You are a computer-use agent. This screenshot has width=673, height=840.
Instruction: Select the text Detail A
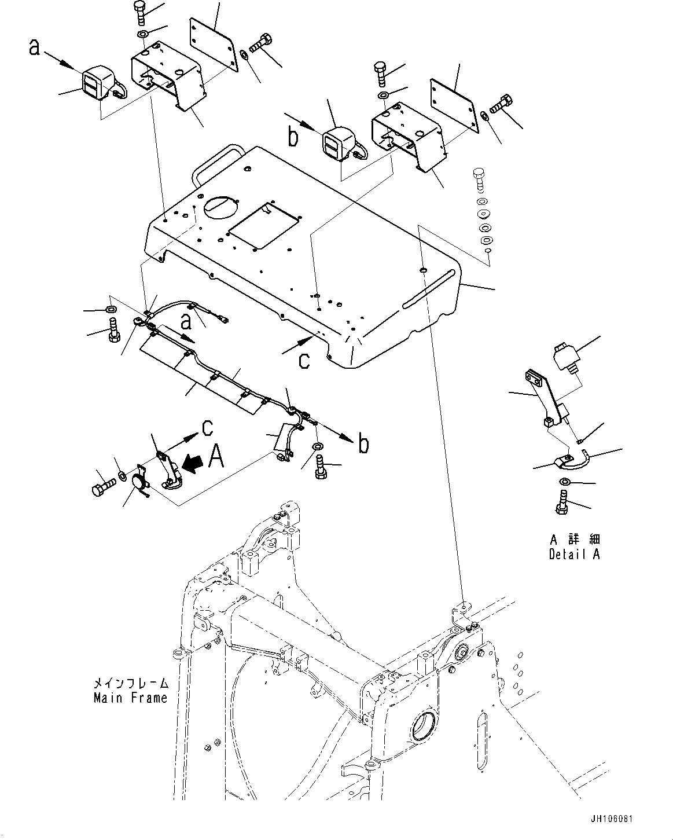click(574, 554)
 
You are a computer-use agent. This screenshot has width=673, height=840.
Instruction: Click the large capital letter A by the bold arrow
click(216, 457)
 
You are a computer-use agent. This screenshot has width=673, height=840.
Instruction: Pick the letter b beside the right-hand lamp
click(293, 137)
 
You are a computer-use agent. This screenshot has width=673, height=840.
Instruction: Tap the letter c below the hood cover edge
click(304, 361)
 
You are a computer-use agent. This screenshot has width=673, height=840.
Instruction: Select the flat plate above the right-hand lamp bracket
click(454, 105)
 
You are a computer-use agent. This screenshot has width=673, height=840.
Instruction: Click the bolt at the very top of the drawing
click(140, 13)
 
